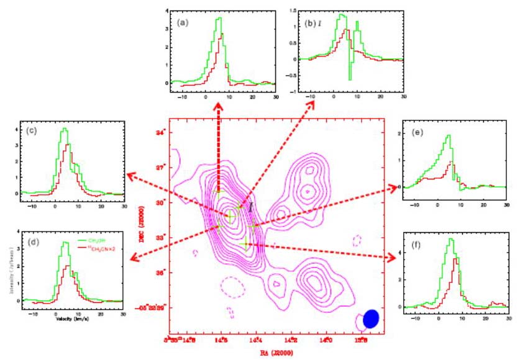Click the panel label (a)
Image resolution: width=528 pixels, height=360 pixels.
182,22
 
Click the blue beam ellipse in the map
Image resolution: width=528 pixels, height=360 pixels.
371,318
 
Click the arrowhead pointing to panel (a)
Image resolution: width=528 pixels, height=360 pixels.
219,108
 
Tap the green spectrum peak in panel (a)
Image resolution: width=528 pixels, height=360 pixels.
219,19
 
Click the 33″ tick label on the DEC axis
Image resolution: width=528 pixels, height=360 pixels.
160,238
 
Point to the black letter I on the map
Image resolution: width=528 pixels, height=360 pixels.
250,207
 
